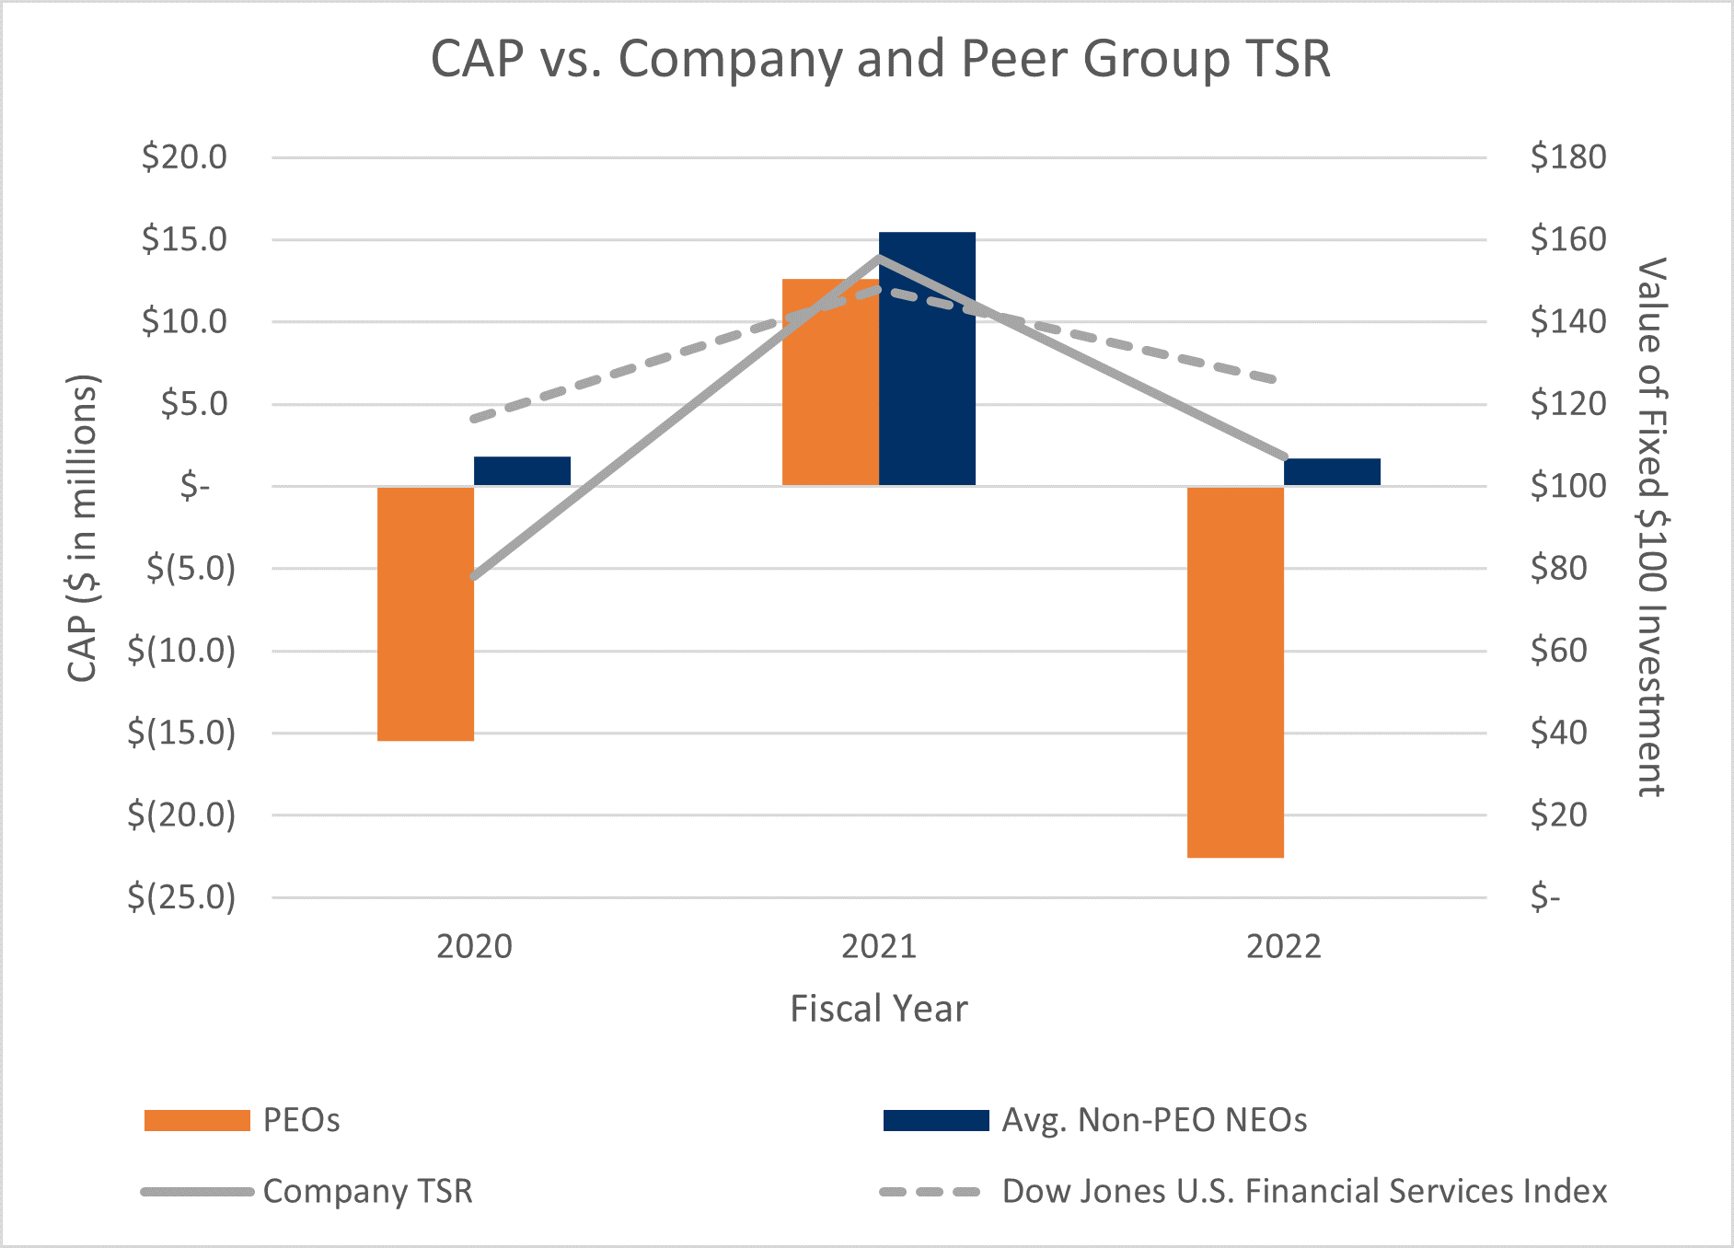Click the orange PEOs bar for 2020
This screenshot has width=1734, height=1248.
(425, 613)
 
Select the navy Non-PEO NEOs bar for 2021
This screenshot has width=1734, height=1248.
(927, 359)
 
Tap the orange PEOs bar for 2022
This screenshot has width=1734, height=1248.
(1235, 672)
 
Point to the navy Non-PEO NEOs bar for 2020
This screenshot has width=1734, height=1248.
(522, 471)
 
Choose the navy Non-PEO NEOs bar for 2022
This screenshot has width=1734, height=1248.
(1332, 472)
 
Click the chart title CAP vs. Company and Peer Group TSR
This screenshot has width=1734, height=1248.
(880, 59)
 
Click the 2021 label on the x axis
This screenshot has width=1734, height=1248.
(879, 946)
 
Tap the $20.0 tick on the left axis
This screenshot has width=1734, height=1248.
(184, 157)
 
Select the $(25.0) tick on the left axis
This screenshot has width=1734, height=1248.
(181, 896)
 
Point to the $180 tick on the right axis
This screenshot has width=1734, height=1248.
(1568, 157)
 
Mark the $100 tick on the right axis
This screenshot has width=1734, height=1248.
(1568, 486)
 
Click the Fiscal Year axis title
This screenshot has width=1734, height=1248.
(879, 1009)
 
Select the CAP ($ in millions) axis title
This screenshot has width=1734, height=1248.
(83, 527)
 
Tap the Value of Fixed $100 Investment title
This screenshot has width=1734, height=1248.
(1652, 527)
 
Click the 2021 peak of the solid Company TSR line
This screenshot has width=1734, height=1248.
(879, 257)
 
